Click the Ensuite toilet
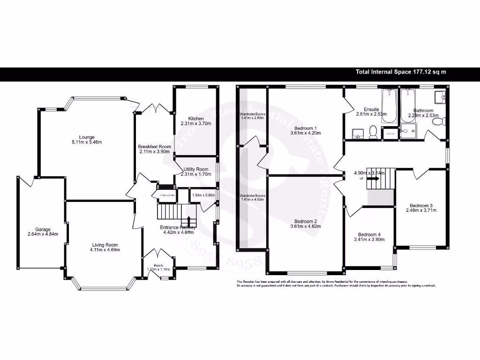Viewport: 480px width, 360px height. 374,132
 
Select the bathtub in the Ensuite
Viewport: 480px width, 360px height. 389,106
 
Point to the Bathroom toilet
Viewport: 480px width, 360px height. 438,122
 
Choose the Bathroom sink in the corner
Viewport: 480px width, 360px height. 440,97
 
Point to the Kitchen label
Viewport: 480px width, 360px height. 196,119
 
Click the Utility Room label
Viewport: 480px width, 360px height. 196,169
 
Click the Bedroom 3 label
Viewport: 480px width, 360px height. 421,205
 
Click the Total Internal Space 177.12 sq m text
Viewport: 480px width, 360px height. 401,72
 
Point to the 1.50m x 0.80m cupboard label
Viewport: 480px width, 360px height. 203,195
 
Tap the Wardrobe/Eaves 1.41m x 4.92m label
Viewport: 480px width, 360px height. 253,197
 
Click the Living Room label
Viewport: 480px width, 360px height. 105,245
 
